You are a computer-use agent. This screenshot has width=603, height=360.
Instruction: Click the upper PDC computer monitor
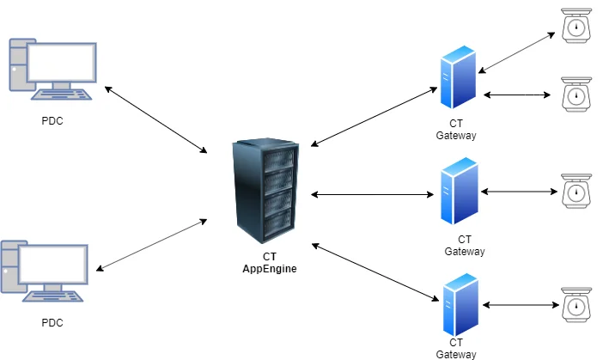(61, 61)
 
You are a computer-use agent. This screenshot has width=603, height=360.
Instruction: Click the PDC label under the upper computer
(52, 120)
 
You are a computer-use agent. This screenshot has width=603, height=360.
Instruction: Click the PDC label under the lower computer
(52, 323)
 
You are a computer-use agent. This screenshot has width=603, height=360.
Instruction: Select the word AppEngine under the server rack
(269, 270)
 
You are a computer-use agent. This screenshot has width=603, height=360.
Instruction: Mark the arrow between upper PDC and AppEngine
(155, 119)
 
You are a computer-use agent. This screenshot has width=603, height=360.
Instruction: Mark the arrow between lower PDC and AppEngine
(152, 246)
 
